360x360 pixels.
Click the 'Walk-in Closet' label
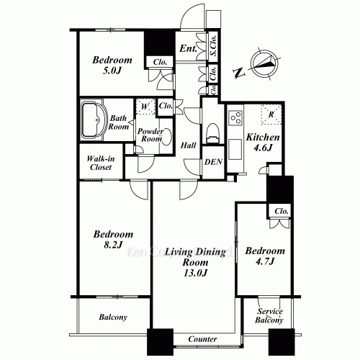[x=95, y=163]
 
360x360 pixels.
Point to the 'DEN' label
[x=213, y=162]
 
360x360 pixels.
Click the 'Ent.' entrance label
[x=189, y=49]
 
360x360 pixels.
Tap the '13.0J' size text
[x=194, y=272]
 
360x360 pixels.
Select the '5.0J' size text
[x=112, y=72]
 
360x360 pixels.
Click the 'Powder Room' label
[x=152, y=137]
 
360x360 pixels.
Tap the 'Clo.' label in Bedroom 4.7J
[x=282, y=211]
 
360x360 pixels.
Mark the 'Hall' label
[x=189, y=145]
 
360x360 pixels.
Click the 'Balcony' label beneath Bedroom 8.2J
[x=113, y=318]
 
